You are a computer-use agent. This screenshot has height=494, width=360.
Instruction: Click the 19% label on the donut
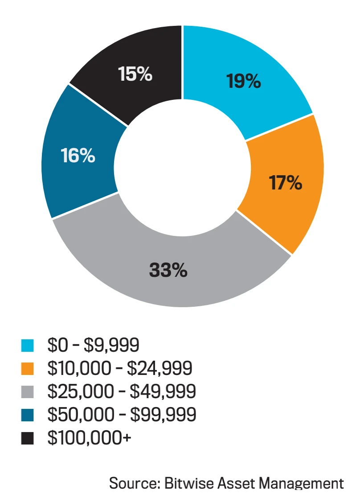coord(243,81)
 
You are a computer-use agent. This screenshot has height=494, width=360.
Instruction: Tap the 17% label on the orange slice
coord(285,182)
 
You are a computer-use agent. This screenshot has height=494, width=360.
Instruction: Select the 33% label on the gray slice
coord(168,270)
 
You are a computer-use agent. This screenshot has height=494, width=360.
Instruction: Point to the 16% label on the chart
coord(78,156)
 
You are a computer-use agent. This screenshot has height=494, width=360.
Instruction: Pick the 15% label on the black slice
coord(135,74)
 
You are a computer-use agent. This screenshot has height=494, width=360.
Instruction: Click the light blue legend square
coord(28,345)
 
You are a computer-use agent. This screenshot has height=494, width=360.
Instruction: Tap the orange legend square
coord(28,368)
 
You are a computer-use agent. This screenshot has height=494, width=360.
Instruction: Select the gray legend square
coord(28,391)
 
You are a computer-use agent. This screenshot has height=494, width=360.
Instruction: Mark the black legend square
coord(28,438)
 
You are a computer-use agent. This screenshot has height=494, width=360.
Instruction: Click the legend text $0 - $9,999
coord(94,345)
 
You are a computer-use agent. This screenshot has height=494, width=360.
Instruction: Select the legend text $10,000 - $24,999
coord(120,368)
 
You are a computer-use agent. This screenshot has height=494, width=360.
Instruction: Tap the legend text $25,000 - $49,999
coord(122,391)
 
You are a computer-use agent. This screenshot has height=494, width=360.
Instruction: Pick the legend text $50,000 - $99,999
coord(122,415)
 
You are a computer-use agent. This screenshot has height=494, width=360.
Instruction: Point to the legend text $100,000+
coord(90,438)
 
